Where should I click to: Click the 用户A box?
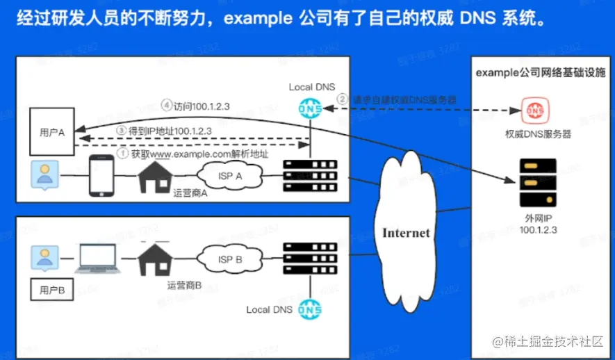(x=53, y=131)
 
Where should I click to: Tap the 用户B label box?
(x=53, y=289)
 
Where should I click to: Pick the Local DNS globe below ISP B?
(x=309, y=309)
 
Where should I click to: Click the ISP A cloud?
(x=230, y=177)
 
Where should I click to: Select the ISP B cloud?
(x=230, y=259)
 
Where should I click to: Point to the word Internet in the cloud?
(x=406, y=233)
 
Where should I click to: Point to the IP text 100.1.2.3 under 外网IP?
(x=539, y=229)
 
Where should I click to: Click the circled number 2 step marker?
(x=342, y=100)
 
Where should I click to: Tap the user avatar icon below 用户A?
(x=45, y=176)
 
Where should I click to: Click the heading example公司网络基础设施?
(x=540, y=72)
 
